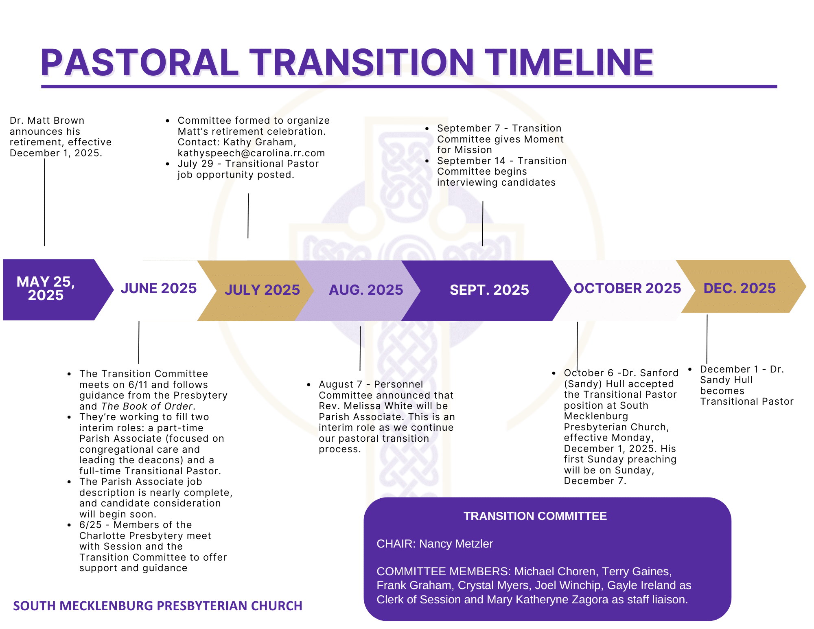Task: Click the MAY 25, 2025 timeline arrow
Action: [53, 289]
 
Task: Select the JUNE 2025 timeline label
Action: [159, 288]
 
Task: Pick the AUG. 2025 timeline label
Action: [366, 290]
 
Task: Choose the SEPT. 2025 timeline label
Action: [489, 290]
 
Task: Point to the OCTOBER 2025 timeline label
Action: [627, 288]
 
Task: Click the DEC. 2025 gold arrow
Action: [743, 287]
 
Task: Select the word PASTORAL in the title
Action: [139, 63]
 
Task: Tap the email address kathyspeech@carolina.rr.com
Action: [251, 153]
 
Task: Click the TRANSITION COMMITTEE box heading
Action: [535, 516]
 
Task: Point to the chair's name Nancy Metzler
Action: [456, 544]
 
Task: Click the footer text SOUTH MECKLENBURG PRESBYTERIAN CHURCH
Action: [158, 606]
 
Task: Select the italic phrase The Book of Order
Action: [147, 406]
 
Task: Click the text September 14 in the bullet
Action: [471, 161]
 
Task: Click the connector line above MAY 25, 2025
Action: [44, 202]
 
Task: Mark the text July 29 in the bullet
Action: [195, 164]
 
